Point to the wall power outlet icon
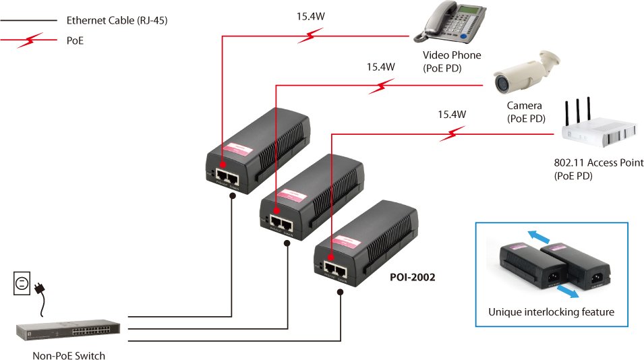[22, 283]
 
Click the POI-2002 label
[413, 276]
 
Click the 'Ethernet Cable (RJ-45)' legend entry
[117, 21]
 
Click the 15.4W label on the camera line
[380, 67]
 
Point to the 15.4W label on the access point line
[452, 114]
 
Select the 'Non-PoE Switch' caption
[69, 355]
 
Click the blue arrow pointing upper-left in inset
[537, 234]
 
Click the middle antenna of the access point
[578, 111]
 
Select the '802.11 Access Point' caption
[598, 162]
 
